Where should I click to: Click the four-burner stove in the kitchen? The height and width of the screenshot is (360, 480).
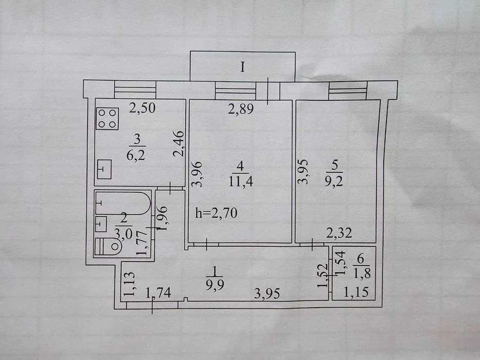[107, 119]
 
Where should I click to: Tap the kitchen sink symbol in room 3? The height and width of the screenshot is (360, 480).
[104, 169]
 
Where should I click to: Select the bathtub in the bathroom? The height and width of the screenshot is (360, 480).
[123, 203]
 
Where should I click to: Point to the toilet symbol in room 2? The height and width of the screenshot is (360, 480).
[109, 246]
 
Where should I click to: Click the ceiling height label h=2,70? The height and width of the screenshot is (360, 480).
[216, 213]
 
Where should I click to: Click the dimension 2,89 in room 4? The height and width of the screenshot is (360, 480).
[241, 109]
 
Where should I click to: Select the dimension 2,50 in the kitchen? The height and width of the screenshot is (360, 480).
[142, 108]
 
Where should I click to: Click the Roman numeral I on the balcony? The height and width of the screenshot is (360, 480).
[242, 67]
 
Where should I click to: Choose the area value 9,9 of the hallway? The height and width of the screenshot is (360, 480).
[215, 285]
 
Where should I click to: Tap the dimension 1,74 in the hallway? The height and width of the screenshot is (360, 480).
[158, 293]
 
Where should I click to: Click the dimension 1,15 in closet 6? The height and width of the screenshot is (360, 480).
[356, 292]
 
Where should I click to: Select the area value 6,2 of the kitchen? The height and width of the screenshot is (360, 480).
[136, 155]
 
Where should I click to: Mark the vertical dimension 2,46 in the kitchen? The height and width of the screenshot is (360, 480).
[179, 144]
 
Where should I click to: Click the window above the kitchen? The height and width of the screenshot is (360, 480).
[135, 89]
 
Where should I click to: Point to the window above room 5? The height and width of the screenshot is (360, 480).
[348, 91]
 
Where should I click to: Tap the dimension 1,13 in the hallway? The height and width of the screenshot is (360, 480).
[129, 284]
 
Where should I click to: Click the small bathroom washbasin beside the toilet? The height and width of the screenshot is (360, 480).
[101, 224]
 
